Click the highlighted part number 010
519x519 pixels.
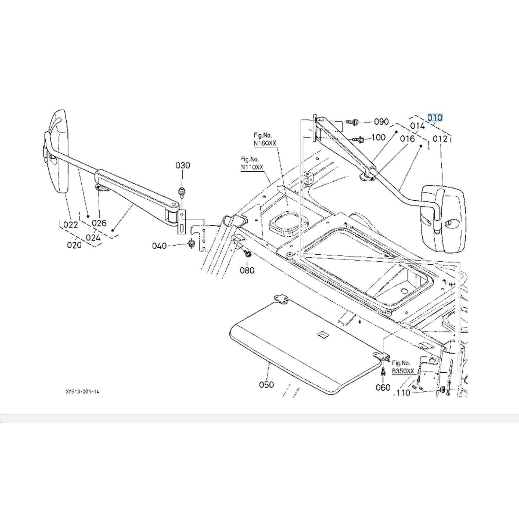pos(435,118)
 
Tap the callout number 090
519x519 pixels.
pos(381,122)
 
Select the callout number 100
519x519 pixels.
pos(378,137)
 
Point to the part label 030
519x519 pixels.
pos(183,165)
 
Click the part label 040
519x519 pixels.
pos(159,246)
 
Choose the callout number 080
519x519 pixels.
pos(247,270)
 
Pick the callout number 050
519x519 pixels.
pos(266,384)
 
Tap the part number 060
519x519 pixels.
pos(383,388)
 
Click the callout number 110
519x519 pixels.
pos(403,393)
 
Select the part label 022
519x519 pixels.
pos(71,225)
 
